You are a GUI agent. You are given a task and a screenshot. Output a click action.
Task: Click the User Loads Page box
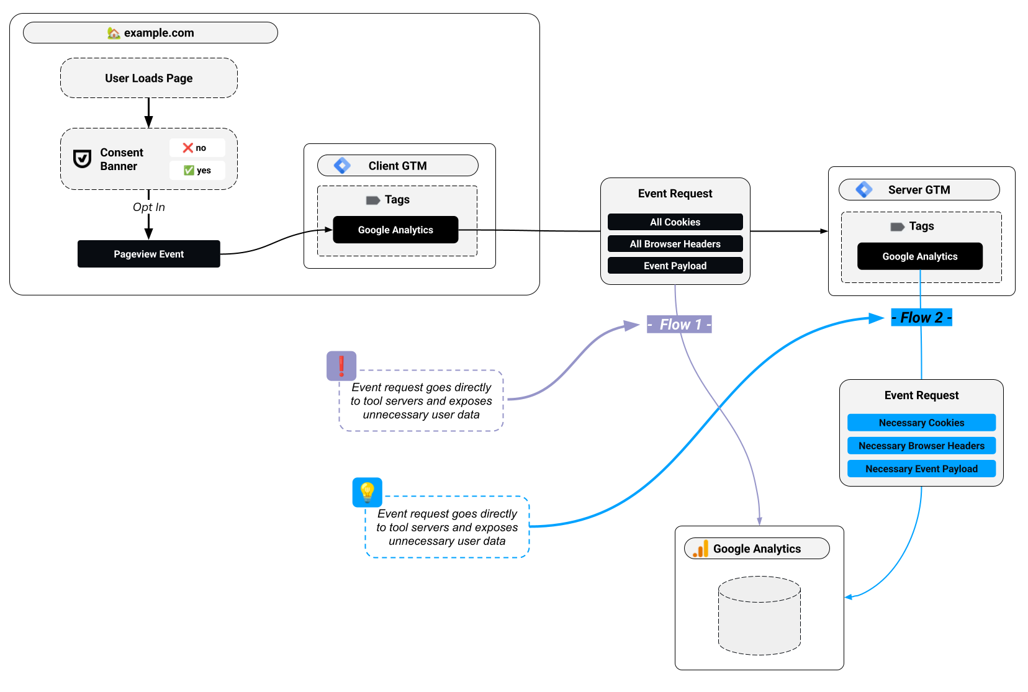[148, 78]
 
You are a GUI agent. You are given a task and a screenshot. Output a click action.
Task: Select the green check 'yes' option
[197, 170]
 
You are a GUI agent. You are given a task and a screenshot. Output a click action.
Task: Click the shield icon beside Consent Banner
[82, 159]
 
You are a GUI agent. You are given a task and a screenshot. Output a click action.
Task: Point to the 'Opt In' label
[148, 207]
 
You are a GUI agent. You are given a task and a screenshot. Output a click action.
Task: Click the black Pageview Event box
[148, 254]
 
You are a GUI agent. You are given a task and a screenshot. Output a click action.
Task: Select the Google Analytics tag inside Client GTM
[395, 230]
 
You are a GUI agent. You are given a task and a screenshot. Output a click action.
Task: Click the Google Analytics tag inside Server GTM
[919, 256]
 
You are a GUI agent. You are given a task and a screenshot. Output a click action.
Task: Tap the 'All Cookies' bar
[675, 222]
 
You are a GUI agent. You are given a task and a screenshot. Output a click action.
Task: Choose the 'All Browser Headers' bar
[675, 244]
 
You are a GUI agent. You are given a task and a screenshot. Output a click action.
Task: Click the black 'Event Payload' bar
[675, 266]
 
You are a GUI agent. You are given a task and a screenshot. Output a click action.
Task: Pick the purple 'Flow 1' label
[679, 325]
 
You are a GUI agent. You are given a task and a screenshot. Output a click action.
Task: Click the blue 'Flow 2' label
[921, 318]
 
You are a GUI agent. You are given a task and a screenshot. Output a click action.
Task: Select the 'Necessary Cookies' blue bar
[921, 423]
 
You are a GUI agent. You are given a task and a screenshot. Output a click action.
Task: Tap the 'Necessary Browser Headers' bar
[921, 446]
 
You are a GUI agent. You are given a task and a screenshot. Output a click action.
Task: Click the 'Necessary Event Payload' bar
[921, 469]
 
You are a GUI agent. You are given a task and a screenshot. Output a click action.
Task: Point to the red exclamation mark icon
[341, 366]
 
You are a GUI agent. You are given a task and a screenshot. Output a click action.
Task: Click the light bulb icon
[367, 492]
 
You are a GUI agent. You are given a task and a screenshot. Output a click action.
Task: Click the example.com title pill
[150, 33]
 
